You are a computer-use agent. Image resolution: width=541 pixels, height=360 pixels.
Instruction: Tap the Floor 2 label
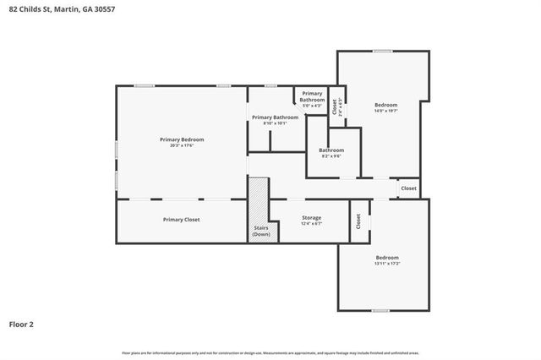point(21,324)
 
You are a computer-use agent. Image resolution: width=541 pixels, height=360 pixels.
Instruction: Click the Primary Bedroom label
point(182,139)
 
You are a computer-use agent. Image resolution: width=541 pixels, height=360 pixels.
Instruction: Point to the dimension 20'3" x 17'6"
point(182,145)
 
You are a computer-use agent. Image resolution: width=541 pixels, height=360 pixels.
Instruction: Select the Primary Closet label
point(181,220)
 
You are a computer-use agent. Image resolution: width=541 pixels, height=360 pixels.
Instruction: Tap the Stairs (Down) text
point(261,231)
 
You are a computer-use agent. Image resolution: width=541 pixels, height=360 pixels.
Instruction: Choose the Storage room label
point(312,218)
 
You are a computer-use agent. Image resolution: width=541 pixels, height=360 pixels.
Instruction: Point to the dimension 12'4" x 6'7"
point(312,224)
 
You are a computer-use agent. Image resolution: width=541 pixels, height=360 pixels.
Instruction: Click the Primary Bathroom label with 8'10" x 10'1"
point(274,117)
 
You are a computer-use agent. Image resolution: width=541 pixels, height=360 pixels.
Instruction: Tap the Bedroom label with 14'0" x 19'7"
point(385,105)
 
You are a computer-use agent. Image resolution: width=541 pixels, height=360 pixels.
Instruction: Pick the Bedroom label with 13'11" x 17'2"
point(387,257)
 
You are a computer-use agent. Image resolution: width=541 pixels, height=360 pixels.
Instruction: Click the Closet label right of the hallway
point(408,188)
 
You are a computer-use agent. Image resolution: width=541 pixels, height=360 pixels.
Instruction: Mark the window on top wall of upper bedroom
point(383,52)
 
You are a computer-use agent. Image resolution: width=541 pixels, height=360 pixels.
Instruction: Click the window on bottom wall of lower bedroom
point(380,311)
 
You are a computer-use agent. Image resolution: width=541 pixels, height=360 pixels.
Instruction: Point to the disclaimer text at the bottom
point(270,352)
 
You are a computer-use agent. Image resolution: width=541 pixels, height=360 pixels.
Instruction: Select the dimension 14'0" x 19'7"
point(385,111)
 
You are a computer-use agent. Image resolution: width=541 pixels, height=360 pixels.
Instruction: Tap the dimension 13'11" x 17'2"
point(387,263)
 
